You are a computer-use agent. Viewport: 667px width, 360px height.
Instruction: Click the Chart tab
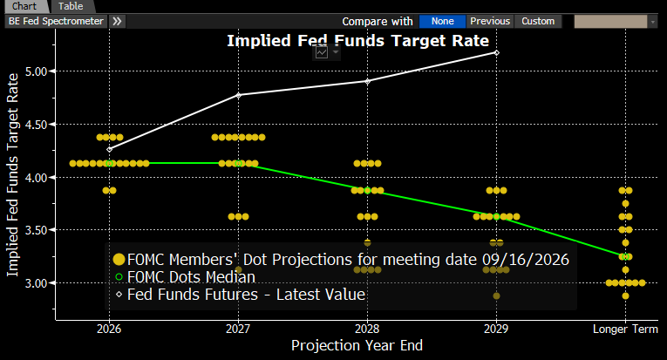(24, 6)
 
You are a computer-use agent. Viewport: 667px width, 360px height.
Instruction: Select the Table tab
(71, 6)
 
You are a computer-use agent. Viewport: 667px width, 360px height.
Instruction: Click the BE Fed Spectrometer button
(56, 21)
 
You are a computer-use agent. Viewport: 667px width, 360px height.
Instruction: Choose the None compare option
(442, 21)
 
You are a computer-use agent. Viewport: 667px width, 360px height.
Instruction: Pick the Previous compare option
(490, 21)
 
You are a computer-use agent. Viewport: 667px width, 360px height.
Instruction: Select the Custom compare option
(538, 21)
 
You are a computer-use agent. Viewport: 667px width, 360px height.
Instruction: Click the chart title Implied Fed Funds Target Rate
(357, 41)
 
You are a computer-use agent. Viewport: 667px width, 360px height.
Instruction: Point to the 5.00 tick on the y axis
(36, 71)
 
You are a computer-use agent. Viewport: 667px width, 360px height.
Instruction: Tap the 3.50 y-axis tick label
(36, 230)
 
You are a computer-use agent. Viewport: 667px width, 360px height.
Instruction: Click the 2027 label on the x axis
(238, 329)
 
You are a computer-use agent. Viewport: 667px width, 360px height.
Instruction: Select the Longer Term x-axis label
(625, 329)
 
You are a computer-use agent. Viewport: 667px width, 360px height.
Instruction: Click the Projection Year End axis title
(357, 345)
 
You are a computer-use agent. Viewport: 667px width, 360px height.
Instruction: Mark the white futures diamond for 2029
(496, 52)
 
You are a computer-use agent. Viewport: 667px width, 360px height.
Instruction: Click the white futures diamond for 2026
(109, 149)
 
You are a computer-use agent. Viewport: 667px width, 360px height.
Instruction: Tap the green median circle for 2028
(368, 190)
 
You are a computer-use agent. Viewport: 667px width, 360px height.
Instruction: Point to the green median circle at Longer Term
(625, 257)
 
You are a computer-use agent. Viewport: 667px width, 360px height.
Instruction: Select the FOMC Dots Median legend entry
(186, 277)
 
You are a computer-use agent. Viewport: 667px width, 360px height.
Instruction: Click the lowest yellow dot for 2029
(496, 295)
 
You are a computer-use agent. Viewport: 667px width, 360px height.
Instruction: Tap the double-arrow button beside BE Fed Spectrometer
(117, 21)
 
